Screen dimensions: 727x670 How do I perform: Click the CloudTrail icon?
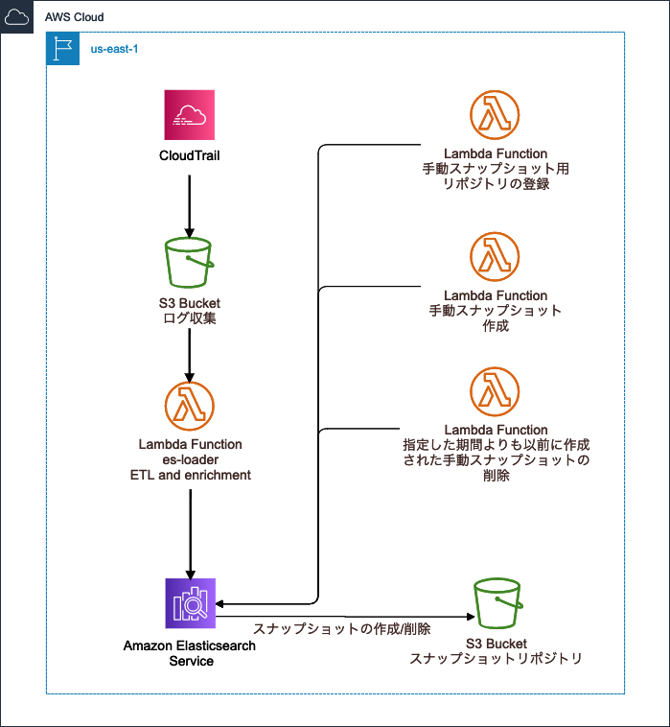(x=189, y=116)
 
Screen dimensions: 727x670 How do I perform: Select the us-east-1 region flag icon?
(x=63, y=48)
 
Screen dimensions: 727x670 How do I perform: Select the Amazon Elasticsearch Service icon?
(x=190, y=603)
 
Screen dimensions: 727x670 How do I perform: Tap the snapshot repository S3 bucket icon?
(x=496, y=603)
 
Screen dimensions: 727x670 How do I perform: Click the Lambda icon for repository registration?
(x=496, y=116)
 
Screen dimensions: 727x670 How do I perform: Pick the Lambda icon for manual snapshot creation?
(x=496, y=258)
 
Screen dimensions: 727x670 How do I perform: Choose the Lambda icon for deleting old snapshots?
(x=496, y=392)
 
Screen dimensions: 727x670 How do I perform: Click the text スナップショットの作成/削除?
(x=341, y=629)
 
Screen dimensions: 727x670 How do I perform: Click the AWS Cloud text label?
(x=75, y=17)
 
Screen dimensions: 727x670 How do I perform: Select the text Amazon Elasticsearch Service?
(x=190, y=652)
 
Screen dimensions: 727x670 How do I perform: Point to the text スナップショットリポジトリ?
(x=496, y=659)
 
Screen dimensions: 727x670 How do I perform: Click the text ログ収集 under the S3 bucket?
(x=190, y=317)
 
